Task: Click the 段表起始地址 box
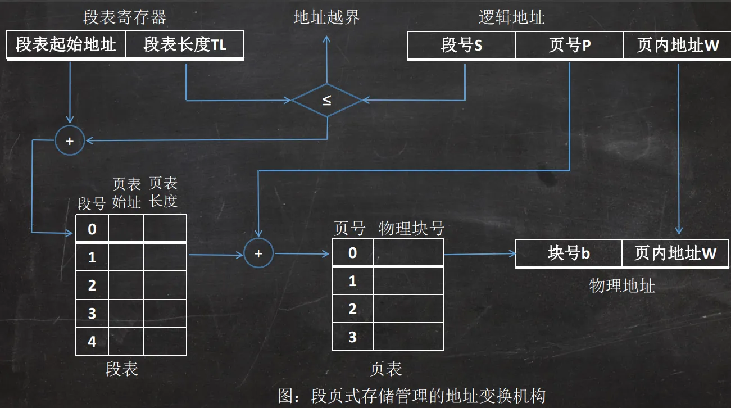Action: tap(66, 45)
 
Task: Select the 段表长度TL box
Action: tap(185, 45)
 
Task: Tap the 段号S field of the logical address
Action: tap(461, 45)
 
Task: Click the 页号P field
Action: tap(569, 45)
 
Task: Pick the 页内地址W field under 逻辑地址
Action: tap(678, 45)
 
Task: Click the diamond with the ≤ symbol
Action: tap(326, 101)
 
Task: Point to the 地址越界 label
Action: tap(327, 17)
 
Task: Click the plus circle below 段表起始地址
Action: tap(70, 141)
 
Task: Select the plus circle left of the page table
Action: tap(258, 253)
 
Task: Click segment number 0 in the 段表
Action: tap(92, 229)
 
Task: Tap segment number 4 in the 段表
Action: tap(92, 341)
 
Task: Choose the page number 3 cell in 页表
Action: tap(352, 337)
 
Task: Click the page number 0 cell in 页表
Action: tap(352, 252)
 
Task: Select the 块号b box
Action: tap(569, 253)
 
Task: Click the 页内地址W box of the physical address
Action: tap(675, 253)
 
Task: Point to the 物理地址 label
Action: tap(622, 286)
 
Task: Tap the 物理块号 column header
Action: tap(412, 228)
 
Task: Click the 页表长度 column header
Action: tap(164, 192)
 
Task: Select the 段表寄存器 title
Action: tap(125, 17)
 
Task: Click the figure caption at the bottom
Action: tap(412, 396)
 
